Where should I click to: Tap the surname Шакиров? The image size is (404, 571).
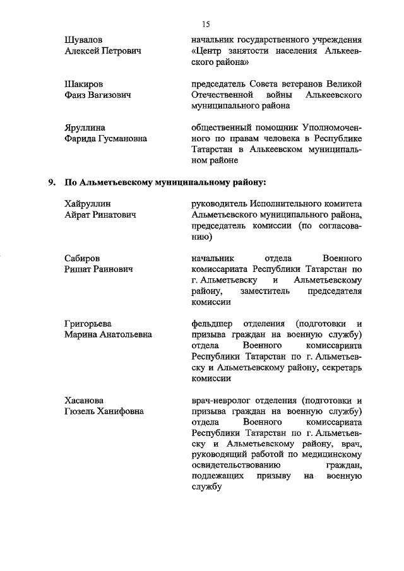point(84,85)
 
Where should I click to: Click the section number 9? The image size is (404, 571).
point(53,183)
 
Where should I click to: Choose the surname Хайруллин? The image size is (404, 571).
point(88,204)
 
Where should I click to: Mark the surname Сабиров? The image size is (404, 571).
point(83,259)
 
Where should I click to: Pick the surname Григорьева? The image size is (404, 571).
point(88,324)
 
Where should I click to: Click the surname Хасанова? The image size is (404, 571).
point(85,401)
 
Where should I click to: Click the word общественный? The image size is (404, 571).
point(225,128)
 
